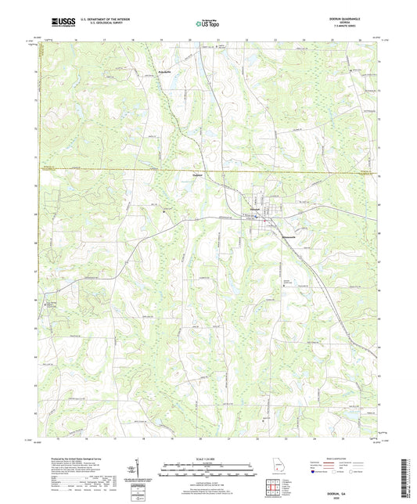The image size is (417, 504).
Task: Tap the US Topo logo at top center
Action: (x=207, y=23)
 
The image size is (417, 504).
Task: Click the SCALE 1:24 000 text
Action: (x=208, y=458)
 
